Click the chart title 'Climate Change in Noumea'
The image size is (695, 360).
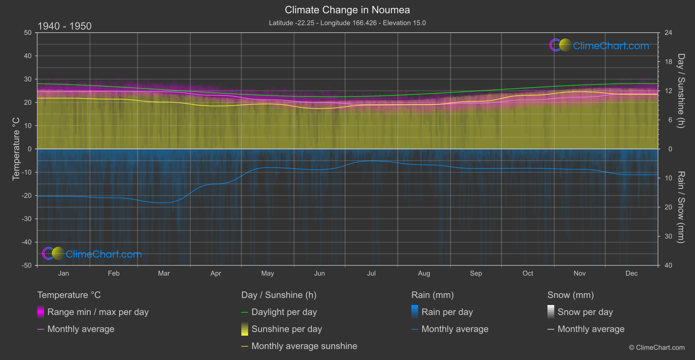[x=347, y=10]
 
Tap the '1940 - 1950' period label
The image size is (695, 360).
[x=65, y=26]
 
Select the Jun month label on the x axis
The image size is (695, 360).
[x=319, y=273]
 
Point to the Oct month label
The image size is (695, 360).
[x=527, y=273]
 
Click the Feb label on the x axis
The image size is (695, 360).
[x=113, y=273]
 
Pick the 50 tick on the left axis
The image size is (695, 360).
[x=28, y=33]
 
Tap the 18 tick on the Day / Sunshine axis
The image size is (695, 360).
[x=668, y=62]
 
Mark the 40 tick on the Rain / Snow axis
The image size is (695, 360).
[x=668, y=265]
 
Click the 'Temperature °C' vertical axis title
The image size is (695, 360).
[x=16, y=149]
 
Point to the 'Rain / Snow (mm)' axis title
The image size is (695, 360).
[x=681, y=207]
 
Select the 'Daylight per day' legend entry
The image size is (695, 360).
[x=284, y=312]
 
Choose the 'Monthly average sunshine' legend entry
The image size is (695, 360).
[x=304, y=346]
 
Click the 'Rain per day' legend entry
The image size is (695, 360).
[x=447, y=312]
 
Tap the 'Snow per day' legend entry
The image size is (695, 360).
[x=585, y=312]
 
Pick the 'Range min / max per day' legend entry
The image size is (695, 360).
[x=98, y=312]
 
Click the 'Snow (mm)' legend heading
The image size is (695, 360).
[x=570, y=295]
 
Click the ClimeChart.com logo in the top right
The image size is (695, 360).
[x=599, y=45]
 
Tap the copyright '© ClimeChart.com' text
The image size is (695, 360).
[x=657, y=347]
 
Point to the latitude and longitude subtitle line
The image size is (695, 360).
[x=347, y=23]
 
